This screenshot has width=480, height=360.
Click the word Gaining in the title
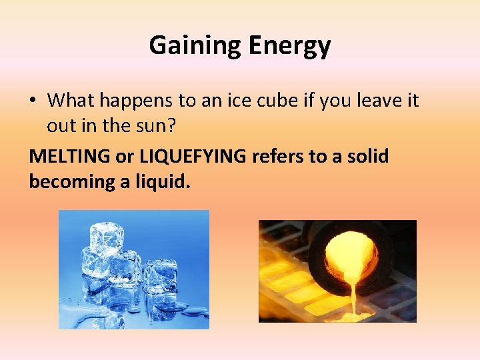(189, 45)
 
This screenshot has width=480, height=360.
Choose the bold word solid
(368, 155)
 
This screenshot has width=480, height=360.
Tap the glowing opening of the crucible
(351, 256)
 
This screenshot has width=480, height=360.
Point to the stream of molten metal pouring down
(347, 297)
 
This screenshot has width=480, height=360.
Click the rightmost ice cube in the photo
(160, 275)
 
